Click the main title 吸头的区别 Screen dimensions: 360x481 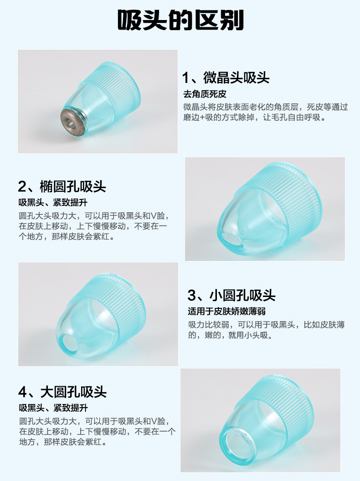pos(180,20)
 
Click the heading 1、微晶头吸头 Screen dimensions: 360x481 pos(226,77)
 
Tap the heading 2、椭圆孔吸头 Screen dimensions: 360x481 pos(62,186)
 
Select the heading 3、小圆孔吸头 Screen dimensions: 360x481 pos(231,296)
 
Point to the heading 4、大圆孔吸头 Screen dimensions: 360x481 pos(62,392)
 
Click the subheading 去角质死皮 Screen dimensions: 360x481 pos(205,94)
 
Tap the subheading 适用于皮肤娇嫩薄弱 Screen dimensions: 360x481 pos(227,312)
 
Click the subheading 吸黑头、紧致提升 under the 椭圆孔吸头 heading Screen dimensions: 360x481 pos(53,202)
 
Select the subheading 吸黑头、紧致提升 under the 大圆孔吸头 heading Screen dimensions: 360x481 pos(53,408)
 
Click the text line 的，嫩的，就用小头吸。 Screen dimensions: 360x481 pos(231,335)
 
